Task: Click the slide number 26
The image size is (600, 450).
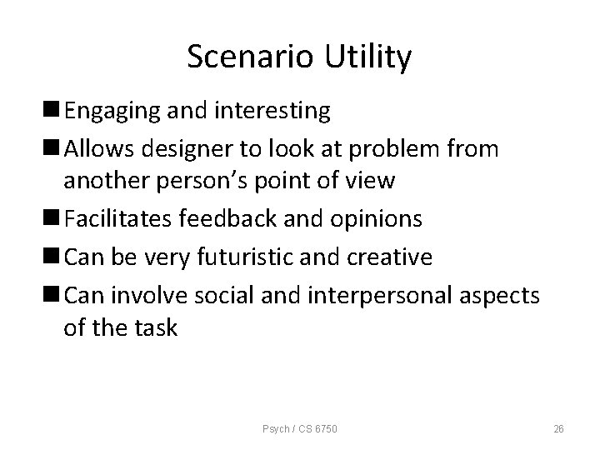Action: pos(559,428)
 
